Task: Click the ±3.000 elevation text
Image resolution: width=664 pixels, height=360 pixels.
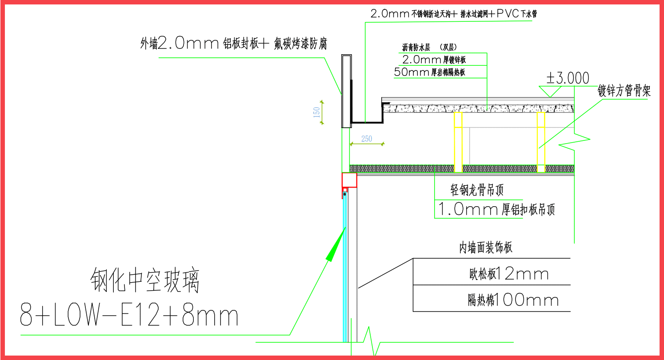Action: tap(568, 79)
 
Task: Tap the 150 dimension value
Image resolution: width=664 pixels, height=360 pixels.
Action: tap(317, 111)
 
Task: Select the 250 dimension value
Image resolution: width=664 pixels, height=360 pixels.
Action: tap(367, 139)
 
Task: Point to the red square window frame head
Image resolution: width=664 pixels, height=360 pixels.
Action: tap(349, 180)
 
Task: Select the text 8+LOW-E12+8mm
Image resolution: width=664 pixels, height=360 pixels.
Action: tap(129, 316)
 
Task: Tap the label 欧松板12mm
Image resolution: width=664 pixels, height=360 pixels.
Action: tap(508, 274)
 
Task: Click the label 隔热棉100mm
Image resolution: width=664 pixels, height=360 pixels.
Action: tap(513, 300)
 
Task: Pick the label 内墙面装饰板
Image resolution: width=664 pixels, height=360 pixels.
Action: tap(486, 248)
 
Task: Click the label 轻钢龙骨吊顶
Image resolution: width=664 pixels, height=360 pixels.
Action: tap(477, 191)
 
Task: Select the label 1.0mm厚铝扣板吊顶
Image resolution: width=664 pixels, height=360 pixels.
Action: tap(496, 209)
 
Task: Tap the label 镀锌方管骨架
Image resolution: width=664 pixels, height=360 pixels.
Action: tap(624, 92)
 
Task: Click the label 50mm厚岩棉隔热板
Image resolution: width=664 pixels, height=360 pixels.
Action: tap(429, 72)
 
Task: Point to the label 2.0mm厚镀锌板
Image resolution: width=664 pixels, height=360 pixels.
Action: tap(434, 60)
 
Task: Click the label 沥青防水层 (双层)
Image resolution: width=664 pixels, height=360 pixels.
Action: tap(429, 47)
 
